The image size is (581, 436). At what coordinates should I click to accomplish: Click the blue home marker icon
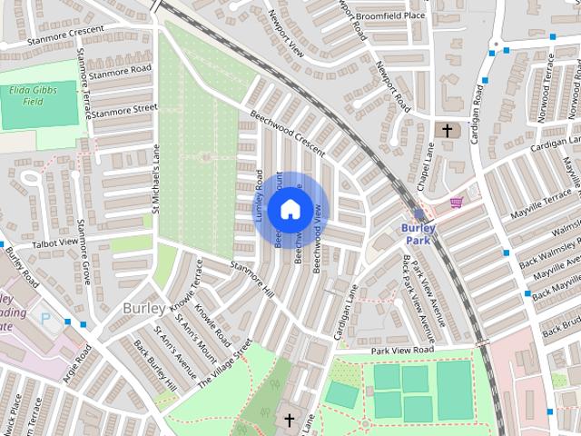coord(289,209)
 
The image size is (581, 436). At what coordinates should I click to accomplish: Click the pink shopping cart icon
coord(457,201)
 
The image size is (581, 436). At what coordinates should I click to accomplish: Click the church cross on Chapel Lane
coord(446,131)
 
